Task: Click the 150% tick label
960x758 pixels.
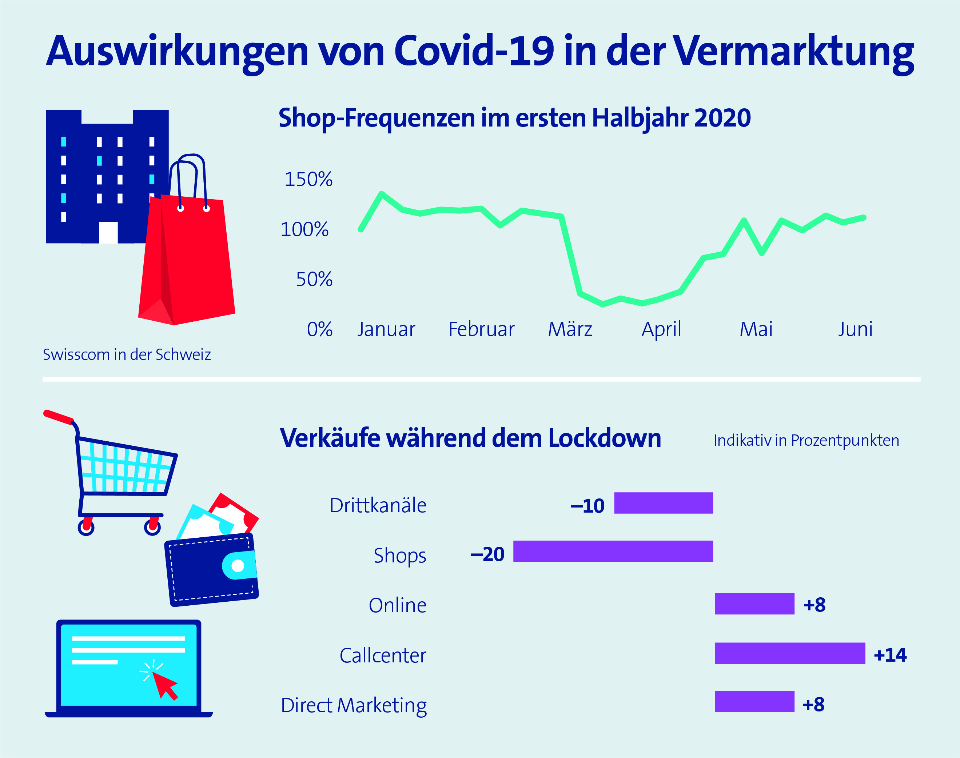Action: point(308,179)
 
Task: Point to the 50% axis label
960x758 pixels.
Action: point(314,279)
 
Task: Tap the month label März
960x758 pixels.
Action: point(570,329)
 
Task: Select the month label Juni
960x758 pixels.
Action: point(855,329)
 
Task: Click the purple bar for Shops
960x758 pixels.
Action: point(613,551)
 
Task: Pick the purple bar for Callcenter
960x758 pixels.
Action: point(789,653)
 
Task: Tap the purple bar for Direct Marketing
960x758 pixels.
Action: point(754,702)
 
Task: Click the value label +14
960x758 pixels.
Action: point(890,655)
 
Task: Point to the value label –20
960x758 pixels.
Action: point(487,554)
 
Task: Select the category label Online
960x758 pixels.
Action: point(397,605)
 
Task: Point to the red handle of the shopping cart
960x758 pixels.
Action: point(58,417)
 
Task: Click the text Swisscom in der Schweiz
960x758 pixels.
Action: point(127,354)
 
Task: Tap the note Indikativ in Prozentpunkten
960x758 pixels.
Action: point(806,440)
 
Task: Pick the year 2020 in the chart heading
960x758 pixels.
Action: point(722,118)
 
